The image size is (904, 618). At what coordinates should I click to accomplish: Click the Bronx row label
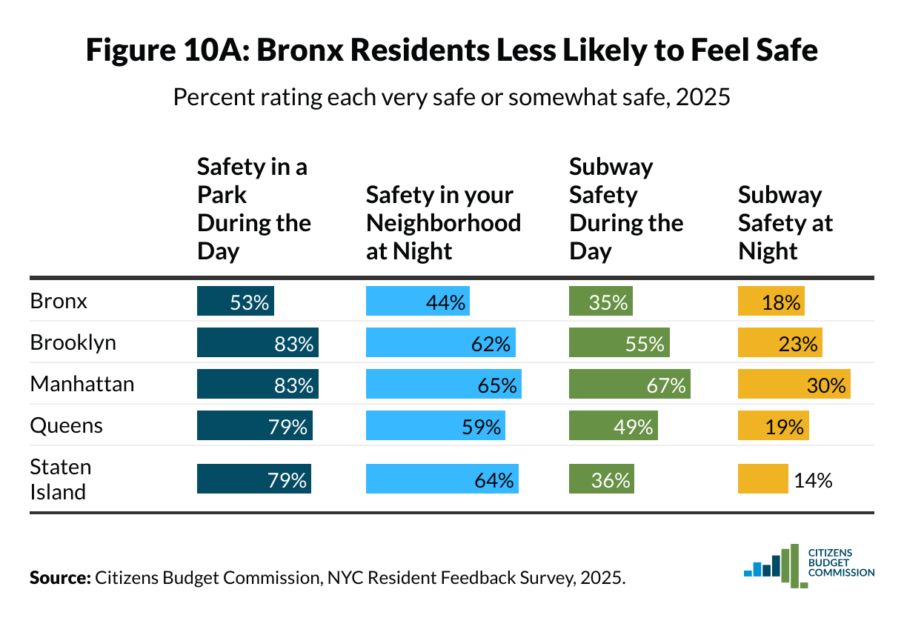click(59, 302)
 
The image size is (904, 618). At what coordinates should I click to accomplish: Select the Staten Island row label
click(61, 479)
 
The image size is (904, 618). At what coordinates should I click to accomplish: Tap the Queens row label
click(66, 426)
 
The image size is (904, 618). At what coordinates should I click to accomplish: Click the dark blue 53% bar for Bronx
click(235, 302)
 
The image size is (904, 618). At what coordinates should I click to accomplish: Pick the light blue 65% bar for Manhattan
click(443, 385)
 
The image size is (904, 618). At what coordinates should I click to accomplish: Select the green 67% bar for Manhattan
click(629, 385)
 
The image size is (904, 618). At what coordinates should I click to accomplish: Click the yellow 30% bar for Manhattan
click(794, 385)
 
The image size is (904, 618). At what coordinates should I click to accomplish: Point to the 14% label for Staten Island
click(813, 479)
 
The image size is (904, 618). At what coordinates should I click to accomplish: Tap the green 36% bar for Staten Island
click(601, 479)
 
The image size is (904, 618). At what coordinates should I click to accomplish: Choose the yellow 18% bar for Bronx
click(771, 302)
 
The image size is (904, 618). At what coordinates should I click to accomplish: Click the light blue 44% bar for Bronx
click(417, 302)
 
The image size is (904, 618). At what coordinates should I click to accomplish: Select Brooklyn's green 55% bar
click(619, 343)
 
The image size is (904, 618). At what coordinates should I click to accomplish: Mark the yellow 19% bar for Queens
click(773, 427)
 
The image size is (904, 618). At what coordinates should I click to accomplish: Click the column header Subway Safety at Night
click(785, 223)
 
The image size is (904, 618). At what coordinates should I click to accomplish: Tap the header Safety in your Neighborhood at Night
click(443, 223)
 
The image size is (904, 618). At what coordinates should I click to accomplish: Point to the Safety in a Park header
click(253, 209)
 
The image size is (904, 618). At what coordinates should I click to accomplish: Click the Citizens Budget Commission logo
click(808, 565)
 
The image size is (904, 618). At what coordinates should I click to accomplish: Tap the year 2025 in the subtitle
click(704, 97)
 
